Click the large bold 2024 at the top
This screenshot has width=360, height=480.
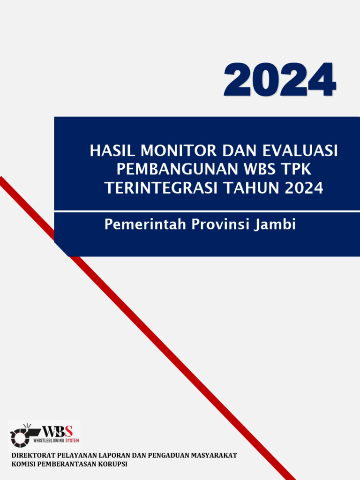tap(279, 80)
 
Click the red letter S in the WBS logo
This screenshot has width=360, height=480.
tap(69, 431)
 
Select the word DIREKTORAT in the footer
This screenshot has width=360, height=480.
tap(32, 455)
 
